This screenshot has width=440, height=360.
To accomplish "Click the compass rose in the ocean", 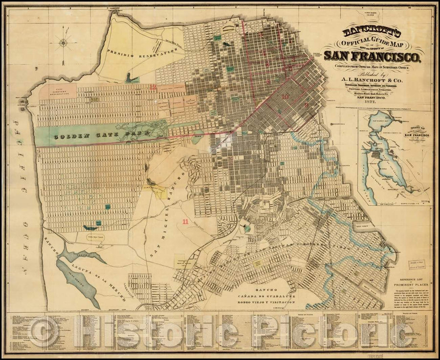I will click(x=64, y=42).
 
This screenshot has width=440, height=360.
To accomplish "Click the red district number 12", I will click(x=154, y=87).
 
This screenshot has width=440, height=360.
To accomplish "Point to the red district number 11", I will click(x=185, y=221).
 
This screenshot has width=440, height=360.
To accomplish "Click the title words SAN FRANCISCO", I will click(x=371, y=56).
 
